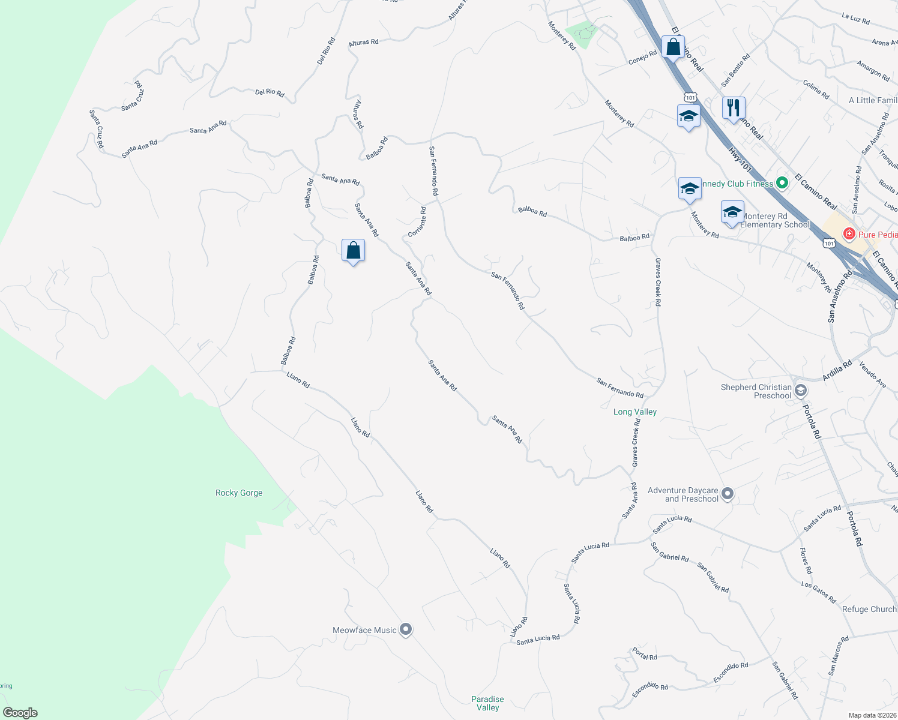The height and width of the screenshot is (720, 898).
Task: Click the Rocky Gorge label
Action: (239, 493)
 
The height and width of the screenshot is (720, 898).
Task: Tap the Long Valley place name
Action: (635, 412)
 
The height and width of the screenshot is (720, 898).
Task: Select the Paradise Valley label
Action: (487, 703)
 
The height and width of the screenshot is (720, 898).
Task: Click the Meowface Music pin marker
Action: (406, 629)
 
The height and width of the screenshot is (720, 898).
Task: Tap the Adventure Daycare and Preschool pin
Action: (728, 494)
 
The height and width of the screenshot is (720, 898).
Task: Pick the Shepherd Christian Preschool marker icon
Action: (800, 391)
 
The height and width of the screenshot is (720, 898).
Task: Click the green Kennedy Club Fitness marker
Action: (782, 184)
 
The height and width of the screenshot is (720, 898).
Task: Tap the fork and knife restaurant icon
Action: (733, 108)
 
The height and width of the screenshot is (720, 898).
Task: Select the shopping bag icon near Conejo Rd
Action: (673, 47)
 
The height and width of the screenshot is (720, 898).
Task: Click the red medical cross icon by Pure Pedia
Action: (849, 234)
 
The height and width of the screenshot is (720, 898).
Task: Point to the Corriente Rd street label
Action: (417, 222)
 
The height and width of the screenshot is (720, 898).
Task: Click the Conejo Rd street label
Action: (642, 58)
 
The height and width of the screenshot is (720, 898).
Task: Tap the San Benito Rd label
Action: (735, 70)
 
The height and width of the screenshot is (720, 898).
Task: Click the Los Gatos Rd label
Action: (818, 592)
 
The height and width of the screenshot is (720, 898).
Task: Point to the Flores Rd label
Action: (806, 561)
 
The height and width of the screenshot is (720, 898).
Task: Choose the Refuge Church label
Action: (869, 609)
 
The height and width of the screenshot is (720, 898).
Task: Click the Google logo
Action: (20, 713)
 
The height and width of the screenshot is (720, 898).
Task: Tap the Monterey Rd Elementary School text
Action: (774, 220)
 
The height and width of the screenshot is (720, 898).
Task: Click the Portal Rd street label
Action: (645, 654)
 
